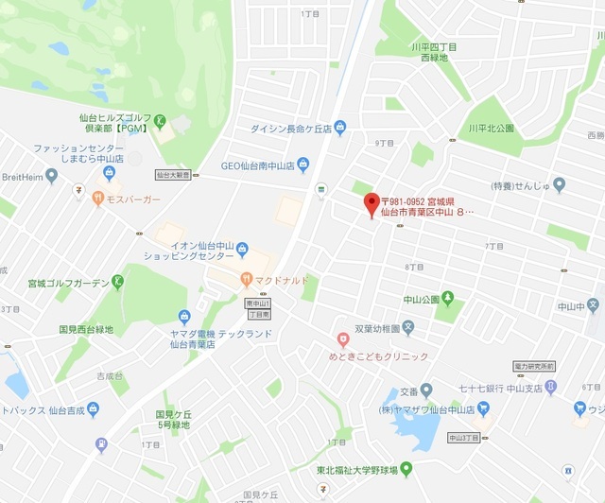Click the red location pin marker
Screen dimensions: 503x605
[372, 202]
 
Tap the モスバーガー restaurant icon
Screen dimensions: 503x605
[97, 199]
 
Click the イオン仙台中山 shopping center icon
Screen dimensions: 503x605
[243, 250]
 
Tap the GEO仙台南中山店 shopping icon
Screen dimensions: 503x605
[302, 165]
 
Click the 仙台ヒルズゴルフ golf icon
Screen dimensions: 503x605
[161, 120]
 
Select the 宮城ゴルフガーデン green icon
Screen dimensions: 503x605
[117, 281]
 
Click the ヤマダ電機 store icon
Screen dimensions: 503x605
[184, 318]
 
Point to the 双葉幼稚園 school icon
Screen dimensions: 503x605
[408, 328]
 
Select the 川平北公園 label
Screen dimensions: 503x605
[491, 128]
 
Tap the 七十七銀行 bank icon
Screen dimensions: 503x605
[549, 388]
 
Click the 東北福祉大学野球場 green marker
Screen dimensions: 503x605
[406, 467]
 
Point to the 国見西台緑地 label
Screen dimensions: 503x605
[86, 329]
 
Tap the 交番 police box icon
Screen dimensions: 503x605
[426, 390]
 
